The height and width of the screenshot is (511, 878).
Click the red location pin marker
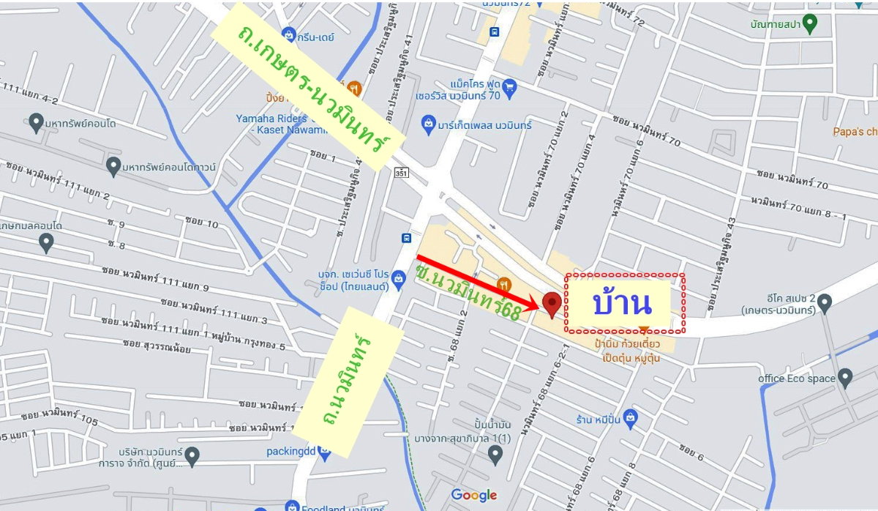(552, 302)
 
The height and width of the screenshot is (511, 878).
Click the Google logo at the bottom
(473, 496)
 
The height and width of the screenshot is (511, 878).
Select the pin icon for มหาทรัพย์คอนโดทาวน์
(113, 166)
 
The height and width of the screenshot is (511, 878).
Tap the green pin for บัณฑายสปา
(809, 23)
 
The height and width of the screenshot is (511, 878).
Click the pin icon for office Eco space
(846, 378)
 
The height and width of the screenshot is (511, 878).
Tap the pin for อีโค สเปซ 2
(825, 301)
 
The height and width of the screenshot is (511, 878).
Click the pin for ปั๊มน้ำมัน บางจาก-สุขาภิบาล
(495, 455)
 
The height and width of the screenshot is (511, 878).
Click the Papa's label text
(855, 132)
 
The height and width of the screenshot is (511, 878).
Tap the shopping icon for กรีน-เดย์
(290, 34)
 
